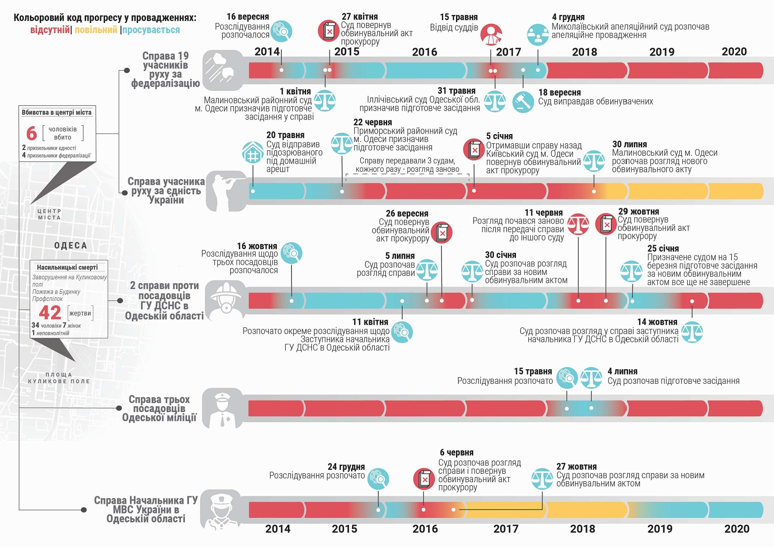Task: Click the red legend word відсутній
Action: point(50,30)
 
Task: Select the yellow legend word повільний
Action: point(96,30)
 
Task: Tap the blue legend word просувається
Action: point(151,30)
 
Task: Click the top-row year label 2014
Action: point(267,52)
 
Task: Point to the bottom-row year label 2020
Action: point(737,528)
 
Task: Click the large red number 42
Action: point(50,313)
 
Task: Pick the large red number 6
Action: point(31,133)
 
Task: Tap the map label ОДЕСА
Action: point(71,246)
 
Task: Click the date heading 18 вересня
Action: point(559,93)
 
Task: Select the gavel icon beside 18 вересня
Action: point(523,102)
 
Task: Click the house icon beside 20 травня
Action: point(253,153)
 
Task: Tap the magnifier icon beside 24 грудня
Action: point(378,479)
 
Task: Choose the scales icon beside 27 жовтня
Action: point(542,479)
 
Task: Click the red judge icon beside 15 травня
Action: point(491,35)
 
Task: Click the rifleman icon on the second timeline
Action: point(226,191)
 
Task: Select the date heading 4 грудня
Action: point(568,17)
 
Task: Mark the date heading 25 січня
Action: point(663,249)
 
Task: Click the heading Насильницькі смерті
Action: point(67,267)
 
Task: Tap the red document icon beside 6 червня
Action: point(424,479)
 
